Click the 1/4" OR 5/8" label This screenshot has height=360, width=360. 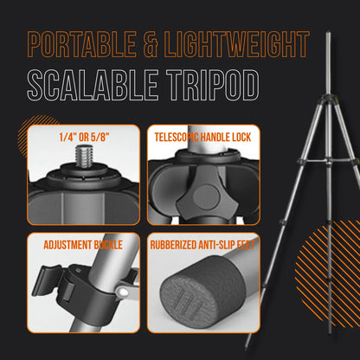point(83,136)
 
